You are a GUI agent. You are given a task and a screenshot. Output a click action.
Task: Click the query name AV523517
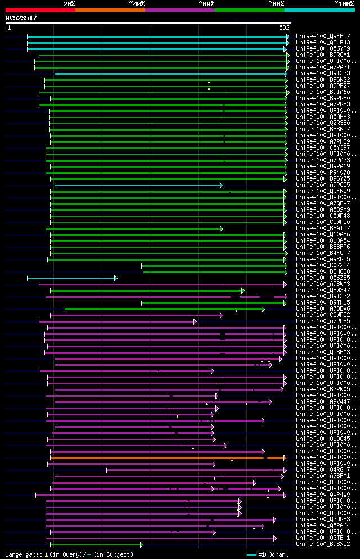click(21, 18)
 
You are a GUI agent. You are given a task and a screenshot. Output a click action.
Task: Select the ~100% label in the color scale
click(344, 3)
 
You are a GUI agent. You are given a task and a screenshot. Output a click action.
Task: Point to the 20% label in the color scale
click(69, 3)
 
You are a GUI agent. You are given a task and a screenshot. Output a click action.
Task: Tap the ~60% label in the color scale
click(206, 3)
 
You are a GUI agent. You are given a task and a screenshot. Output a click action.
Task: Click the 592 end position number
click(284, 27)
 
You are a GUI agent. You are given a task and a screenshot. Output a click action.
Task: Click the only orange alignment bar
click(168, 458)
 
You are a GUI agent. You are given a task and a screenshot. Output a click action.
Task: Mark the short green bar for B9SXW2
click(96, 544)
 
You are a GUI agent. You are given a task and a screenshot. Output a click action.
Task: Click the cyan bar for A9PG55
click(138, 185)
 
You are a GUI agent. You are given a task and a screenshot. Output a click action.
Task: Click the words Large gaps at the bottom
click(23, 555)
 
